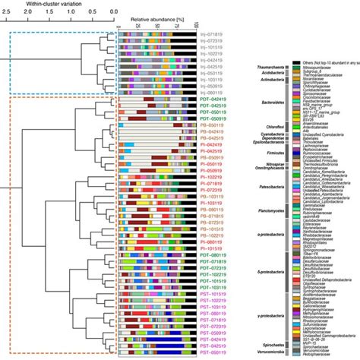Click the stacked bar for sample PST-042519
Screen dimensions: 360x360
[x=156, y=343]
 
